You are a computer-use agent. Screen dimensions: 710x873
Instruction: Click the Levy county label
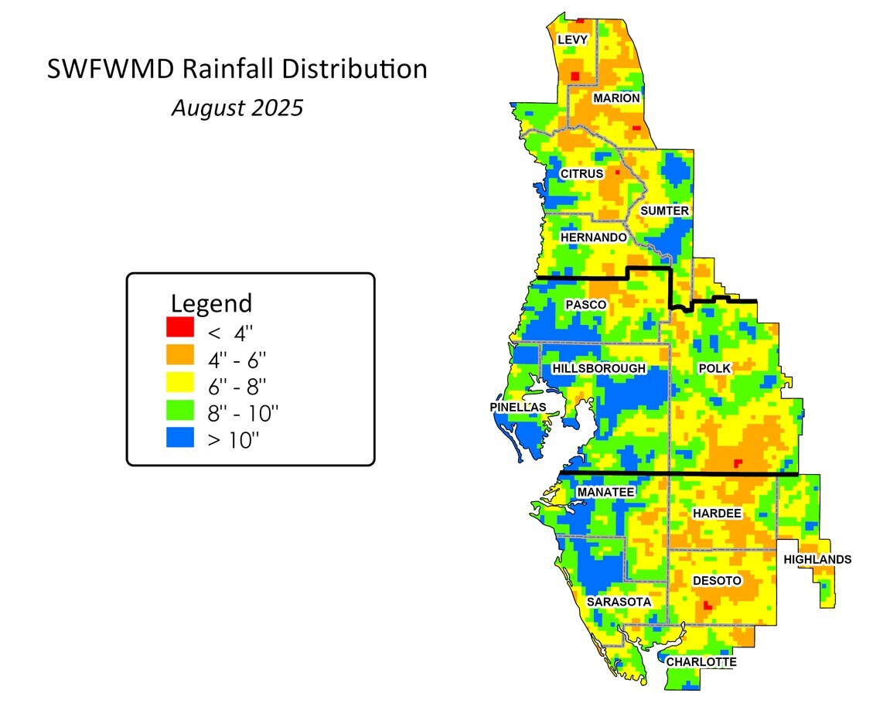[x=572, y=39]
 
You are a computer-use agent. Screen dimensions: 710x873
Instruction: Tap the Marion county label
[x=616, y=98]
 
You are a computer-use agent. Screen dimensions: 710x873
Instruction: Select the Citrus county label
[x=581, y=174]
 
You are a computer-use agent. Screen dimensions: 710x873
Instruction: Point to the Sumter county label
[x=664, y=210]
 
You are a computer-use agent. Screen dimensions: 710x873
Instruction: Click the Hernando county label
[x=593, y=237]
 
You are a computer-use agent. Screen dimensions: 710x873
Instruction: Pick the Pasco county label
[x=585, y=305]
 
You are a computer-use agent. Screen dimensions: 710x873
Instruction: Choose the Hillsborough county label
[x=598, y=369]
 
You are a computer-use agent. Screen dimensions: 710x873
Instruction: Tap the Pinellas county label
[x=518, y=407]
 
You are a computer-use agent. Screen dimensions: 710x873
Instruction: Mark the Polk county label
[x=714, y=369]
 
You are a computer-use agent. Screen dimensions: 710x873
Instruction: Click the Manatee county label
[x=605, y=492]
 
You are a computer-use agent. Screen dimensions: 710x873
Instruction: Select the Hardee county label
[x=717, y=514]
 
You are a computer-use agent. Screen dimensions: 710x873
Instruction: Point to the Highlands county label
[x=817, y=560]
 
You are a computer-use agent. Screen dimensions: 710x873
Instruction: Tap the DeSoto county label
[x=717, y=581]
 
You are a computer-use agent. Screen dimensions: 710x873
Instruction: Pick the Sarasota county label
[x=619, y=602]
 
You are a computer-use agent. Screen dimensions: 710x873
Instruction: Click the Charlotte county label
[x=701, y=662]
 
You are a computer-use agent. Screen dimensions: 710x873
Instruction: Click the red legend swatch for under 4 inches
[x=180, y=327]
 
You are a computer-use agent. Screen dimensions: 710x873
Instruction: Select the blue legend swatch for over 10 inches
[x=180, y=439]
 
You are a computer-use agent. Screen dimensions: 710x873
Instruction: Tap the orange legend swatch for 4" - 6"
[x=180, y=355]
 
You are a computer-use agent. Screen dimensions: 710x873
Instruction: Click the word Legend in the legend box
[x=211, y=302]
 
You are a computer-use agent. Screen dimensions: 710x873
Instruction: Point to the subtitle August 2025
[x=237, y=108]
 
